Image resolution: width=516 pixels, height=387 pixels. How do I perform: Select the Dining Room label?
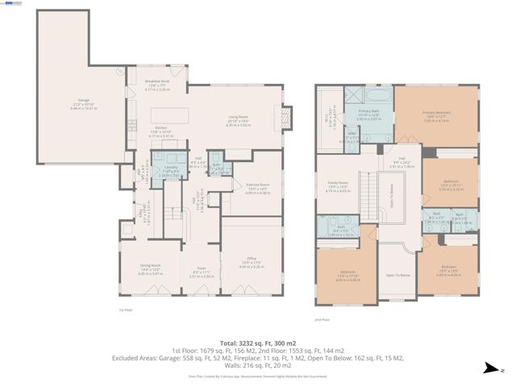(x=151, y=272)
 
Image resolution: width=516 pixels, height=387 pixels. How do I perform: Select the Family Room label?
(x=338, y=185)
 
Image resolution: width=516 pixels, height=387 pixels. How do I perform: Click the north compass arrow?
(x=489, y=369)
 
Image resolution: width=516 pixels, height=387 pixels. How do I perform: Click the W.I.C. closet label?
(x=327, y=121)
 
